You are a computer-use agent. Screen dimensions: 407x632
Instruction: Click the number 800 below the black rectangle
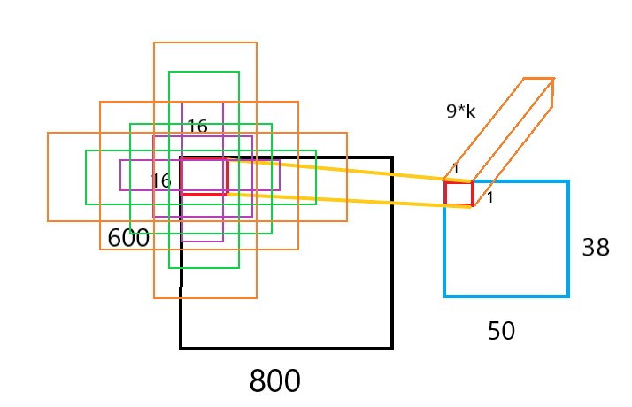click(x=274, y=381)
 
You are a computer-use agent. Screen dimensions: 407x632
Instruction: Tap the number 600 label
click(x=128, y=238)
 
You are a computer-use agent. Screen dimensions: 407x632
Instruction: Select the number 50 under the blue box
click(x=501, y=332)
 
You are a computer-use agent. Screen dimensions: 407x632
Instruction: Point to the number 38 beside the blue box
click(x=596, y=248)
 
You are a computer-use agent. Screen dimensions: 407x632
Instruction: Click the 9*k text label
click(x=460, y=111)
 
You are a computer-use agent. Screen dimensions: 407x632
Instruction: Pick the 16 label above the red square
click(x=197, y=127)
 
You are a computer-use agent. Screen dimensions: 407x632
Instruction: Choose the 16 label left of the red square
click(x=160, y=180)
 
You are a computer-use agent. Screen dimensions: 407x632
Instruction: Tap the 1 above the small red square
click(x=456, y=168)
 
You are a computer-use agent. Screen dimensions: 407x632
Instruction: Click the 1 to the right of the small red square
click(x=489, y=197)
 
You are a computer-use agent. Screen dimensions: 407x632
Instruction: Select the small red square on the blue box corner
click(x=459, y=193)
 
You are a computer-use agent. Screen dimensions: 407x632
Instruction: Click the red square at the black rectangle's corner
click(x=204, y=175)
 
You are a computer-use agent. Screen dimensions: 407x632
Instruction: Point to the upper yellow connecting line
click(x=336, y=169)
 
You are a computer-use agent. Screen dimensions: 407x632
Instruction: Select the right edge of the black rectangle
click(x=391, y=257)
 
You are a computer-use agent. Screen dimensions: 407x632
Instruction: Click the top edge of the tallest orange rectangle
click(x=204, y=42)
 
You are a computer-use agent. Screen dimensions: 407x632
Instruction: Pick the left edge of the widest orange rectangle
click(x=48, y=177)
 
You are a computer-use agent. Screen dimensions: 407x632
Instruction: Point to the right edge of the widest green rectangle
click(x=316, y=177)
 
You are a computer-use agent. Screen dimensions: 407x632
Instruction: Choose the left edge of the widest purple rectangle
click(x=121, y=175)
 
